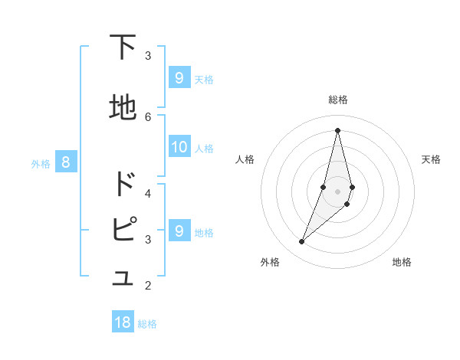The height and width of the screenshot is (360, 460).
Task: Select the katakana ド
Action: [123, 185]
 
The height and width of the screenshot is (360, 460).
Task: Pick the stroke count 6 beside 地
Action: [148, 116]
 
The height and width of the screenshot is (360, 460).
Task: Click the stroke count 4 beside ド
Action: [148, 192]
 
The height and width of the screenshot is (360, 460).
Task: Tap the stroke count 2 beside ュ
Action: [148, 286]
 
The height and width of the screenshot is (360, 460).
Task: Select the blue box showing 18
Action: [123, 322]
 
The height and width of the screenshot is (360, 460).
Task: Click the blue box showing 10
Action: [179, 147]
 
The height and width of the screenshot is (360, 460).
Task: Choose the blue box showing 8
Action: [66, 162]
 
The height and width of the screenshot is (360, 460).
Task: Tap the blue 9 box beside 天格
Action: [179, 77]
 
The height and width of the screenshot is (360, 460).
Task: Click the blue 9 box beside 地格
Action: [179, 231]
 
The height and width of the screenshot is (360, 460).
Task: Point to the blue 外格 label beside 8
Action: [41, 162]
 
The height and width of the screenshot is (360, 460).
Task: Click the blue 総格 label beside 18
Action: [147, 323]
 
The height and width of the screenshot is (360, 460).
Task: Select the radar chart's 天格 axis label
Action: [431, 159]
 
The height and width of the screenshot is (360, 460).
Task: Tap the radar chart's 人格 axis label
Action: [245, 159]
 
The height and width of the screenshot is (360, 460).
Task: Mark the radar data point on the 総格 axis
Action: [337, 129]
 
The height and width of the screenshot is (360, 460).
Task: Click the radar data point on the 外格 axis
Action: [301, 242]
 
